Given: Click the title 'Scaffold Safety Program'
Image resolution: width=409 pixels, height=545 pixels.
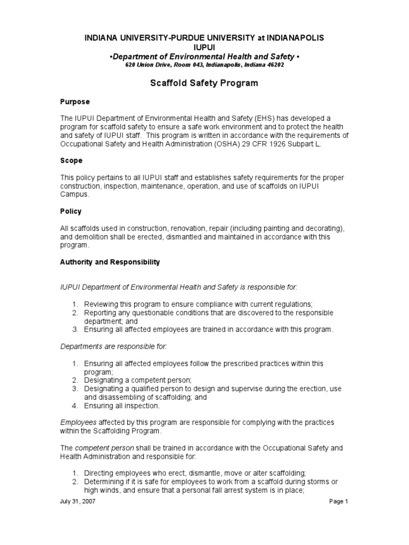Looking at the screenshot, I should [204, 83].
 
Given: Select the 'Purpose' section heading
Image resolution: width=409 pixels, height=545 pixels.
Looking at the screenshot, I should [75, 102].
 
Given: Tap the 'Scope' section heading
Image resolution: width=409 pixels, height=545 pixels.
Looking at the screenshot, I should [71, 160].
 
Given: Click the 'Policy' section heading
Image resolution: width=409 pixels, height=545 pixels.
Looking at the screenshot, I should [71, 211].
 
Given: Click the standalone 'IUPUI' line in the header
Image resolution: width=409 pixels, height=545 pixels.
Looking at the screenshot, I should [204, 47].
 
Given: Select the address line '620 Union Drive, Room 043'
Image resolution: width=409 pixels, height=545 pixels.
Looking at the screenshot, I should [204, 65].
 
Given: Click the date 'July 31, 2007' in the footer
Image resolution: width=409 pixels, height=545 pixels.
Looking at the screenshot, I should [78, 501].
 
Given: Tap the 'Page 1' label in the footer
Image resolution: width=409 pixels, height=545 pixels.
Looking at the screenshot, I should [338, 501].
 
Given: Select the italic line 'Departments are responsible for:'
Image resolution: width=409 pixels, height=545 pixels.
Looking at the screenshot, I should [113, 346].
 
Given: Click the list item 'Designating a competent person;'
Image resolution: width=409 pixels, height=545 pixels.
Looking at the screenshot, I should [137, 380].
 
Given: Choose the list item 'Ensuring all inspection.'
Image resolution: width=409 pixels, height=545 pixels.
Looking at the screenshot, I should [121, 406].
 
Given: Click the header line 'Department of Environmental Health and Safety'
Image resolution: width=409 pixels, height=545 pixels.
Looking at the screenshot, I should [204, 56].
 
